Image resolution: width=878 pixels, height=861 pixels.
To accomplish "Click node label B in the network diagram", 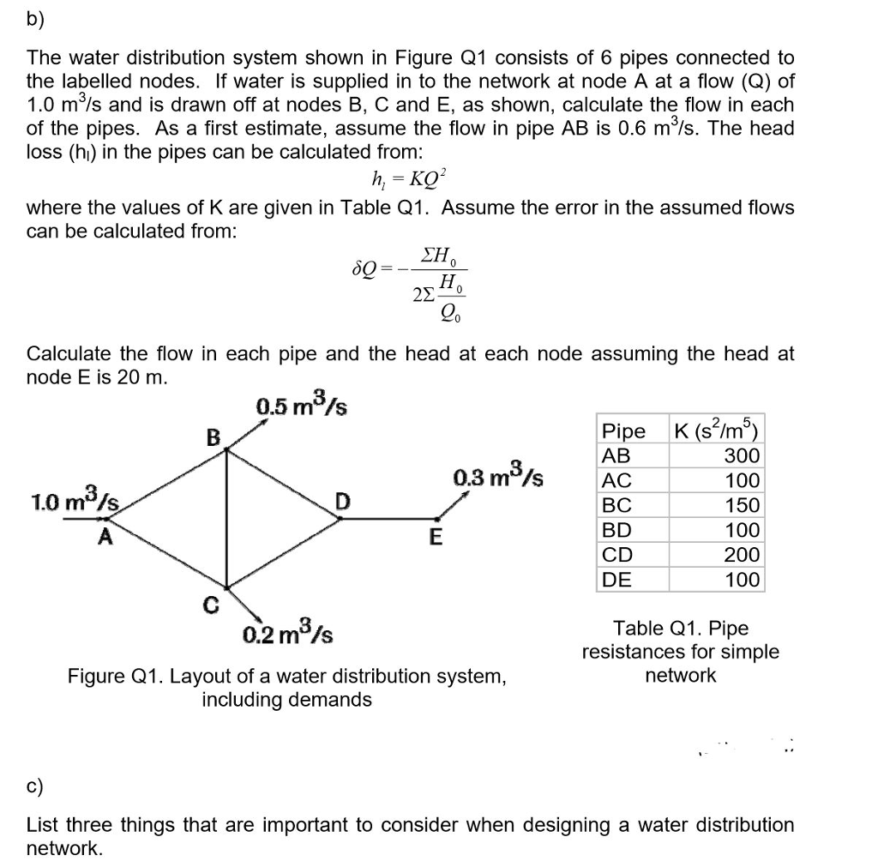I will pyautogui.click(x=213, y=438).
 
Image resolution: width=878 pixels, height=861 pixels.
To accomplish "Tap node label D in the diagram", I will pyautogui.click(x=342, y=499).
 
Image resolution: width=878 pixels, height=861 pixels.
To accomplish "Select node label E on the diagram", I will pyautogui.click(x=435, y=539).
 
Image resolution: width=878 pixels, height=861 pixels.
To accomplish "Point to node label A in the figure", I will pyautogui.click(x=105, y=538).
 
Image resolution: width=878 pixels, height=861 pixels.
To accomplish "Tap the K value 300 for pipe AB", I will pyautogui.click(x=742, y=455).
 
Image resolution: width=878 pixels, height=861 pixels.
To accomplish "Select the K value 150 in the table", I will pyautogui.click(x=742, y=505).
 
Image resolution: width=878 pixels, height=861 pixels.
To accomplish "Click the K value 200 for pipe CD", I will pyautogui.click(x=742, y=555).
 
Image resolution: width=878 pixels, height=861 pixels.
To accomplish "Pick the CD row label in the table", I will pyautogui.click(x=617, y=555).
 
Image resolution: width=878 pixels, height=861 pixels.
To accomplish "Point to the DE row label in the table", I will pyautogui.click(x=617, y=580).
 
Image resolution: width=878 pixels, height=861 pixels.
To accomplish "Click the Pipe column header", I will pyautogui.click(x=625, y=430).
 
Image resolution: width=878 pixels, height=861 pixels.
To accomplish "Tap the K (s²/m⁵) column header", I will pyautogui.click(x=717, y=430).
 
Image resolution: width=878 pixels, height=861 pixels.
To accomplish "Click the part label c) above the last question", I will pyautogui.click(x=38, y=786).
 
